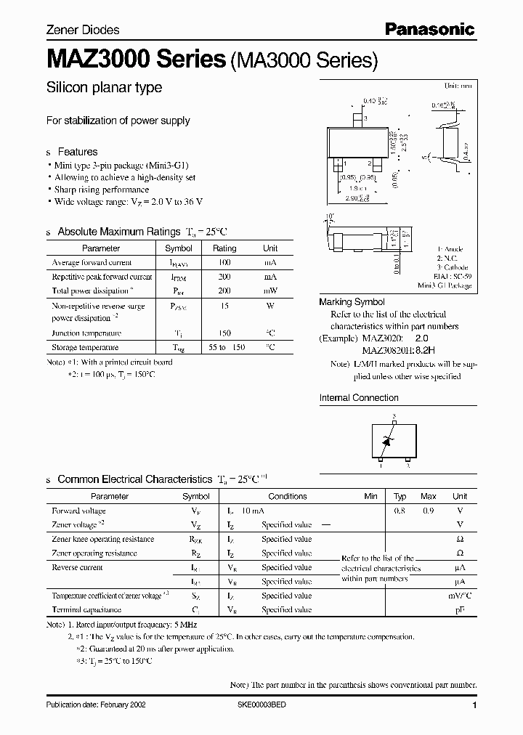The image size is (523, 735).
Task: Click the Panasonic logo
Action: (429, 29)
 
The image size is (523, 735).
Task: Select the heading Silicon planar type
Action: (104, 88)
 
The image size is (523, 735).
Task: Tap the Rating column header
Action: (224, 248)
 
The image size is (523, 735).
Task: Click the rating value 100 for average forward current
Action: (224, 262)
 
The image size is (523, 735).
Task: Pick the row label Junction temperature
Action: (86, 333)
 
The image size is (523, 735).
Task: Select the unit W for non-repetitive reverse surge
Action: (270, 306)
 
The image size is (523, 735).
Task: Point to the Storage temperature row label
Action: (86, 348)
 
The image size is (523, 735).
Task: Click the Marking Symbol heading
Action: (352, 302)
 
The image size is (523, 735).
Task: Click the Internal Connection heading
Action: (359, 398)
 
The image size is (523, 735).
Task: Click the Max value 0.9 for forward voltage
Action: (429, 511)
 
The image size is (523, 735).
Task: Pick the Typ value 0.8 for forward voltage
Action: (400, 511)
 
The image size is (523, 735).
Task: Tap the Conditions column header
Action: (288, 497)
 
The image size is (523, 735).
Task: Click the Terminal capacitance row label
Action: (86, 610)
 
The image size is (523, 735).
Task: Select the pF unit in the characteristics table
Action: (459, 610)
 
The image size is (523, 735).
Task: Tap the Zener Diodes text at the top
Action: (82, 31)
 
